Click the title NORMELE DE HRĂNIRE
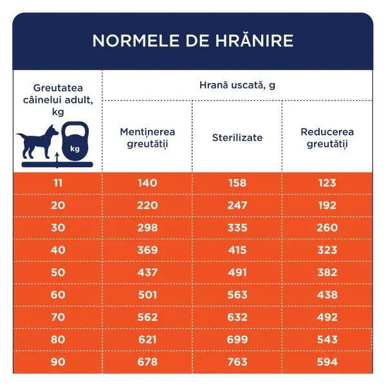click(x=192, y=41)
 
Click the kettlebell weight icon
click(x=75, y=142)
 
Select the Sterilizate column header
click(x=237, y=138)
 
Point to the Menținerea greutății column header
click(x=147, y=138)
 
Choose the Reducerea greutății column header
click(x=327, y=138)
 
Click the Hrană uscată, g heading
click(x=237, y=85)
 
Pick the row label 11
click(x=59, y=183)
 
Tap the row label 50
click(x=59, y=272)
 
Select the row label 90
click(x=59, y=362)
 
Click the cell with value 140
click(x=147, y=183)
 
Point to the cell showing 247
click(x=237, y=205)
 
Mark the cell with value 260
click(x=327, y=228)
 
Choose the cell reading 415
click(x=237, y=250)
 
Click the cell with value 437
click(x=147, y=272)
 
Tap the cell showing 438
click(x=327, y=295)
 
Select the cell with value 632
click(x=237, y=317)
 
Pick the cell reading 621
click(x=147, y=339)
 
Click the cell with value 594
click(x=327, y=362)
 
